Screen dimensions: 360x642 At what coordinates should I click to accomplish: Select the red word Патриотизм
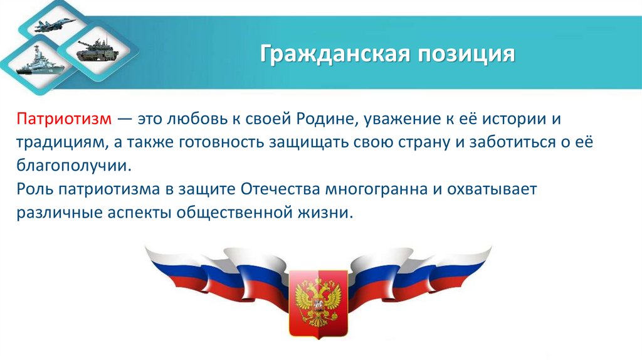pos(64,119)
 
